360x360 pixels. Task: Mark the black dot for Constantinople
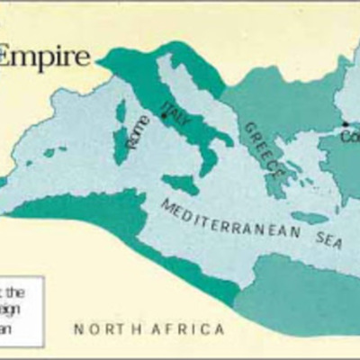[345, 124]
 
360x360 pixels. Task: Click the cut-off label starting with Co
[354, 135]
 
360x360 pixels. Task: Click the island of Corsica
[121, 112]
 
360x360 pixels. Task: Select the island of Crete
[310, 217]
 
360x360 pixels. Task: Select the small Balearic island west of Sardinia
[54, 152]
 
